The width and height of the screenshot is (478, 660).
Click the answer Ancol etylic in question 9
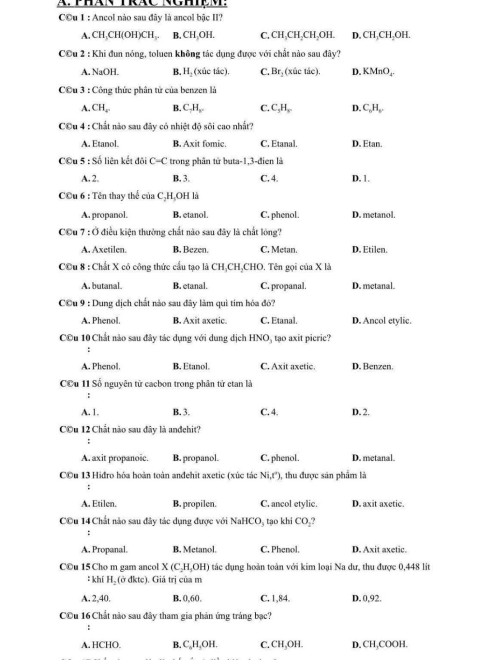pyautogui.click(x=387, y=320)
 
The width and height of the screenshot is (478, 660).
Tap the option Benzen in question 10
pyautogui.click(x=378, y=367)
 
